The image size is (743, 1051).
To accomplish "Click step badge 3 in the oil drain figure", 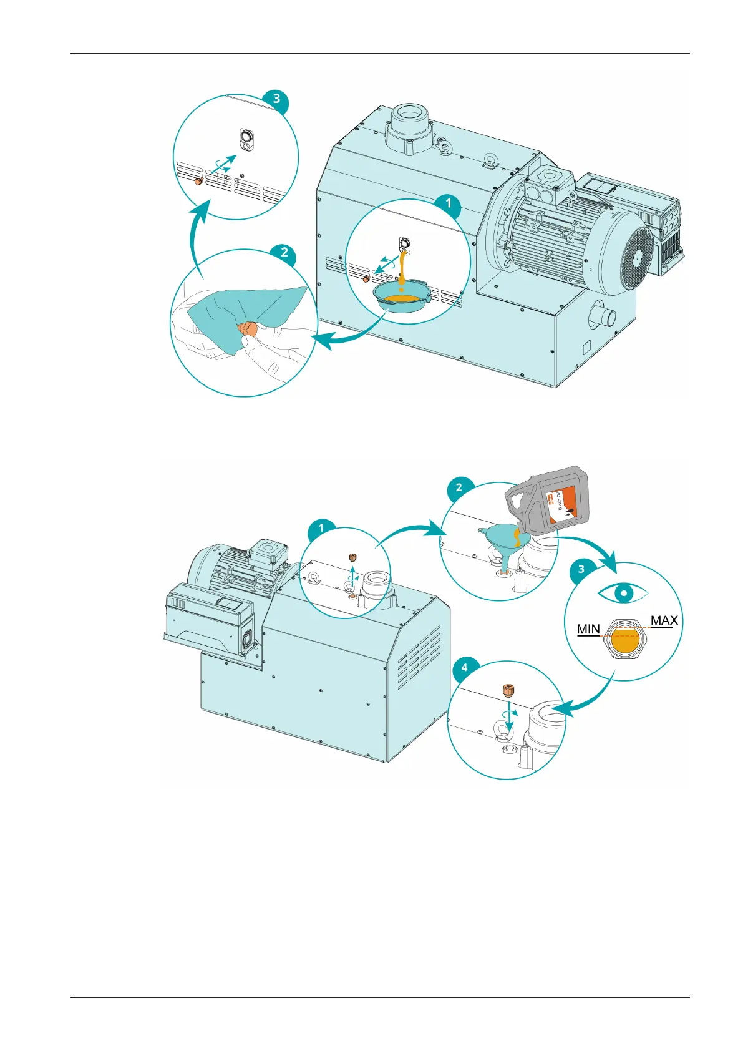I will click(276, 99).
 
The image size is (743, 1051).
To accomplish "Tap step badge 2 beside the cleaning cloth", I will click(284, 252).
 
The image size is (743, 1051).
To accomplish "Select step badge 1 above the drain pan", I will click(448, 203).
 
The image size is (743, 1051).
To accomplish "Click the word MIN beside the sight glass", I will click(588, 629).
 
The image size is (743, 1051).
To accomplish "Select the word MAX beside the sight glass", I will click(664, 620).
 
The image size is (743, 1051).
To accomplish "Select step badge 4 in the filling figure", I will click(464, 668).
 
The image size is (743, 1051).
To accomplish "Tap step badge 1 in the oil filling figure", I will click(321, 528).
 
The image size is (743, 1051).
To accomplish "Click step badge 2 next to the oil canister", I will click(459, 487).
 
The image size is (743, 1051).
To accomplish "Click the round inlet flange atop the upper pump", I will click(407, 119).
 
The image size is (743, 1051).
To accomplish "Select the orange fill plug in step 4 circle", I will click(507, 691).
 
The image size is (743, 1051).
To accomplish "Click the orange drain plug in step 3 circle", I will click(197, 182).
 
